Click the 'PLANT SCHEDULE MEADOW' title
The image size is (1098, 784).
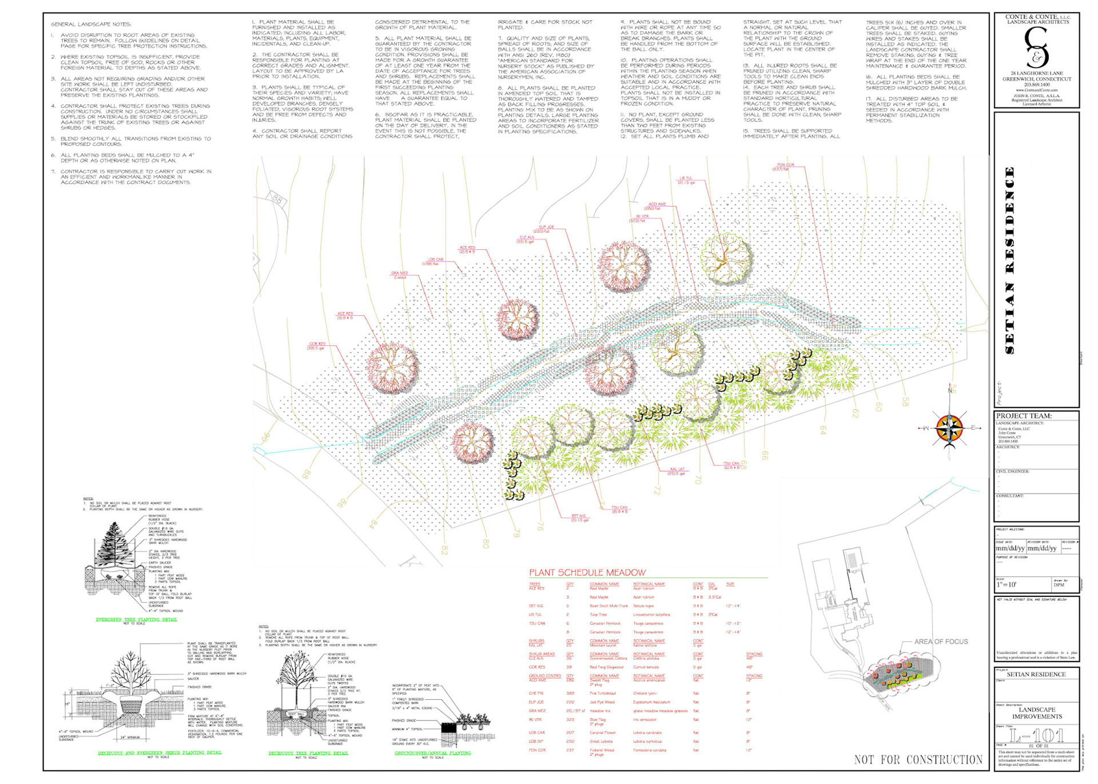(x=587, y=572)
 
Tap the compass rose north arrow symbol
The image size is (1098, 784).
(x=950, y=427)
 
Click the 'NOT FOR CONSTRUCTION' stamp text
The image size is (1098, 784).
(x=918, y=759)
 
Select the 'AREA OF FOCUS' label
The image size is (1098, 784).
(x=941, y=642)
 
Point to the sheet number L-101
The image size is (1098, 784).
(x=1036, y=735)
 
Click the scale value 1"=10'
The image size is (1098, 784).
(x=1007, y=585)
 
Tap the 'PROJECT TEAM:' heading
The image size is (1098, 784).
(x=1024, y=416)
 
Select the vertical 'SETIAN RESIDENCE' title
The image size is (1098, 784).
(x=1010, y=260)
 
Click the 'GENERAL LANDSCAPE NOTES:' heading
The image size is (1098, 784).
(x=91, y=25)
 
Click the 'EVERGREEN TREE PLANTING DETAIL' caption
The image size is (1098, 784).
(x=136, y=619)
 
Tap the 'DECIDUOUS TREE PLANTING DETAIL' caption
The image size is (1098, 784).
(x=308, y=753)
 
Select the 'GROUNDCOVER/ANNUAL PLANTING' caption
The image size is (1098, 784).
(x=432, y=753)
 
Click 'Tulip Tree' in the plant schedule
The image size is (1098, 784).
(x=598, y=615)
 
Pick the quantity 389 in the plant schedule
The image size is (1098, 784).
(x=570, y=693)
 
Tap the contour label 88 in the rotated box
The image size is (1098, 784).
(x=277, y=200)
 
